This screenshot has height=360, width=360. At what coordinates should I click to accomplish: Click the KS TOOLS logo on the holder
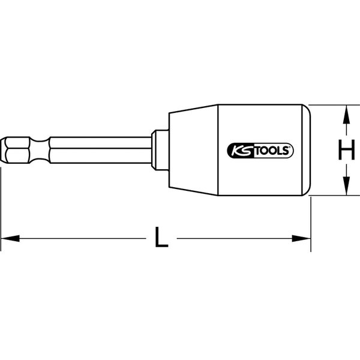pyautogui.click(x=260, y=151)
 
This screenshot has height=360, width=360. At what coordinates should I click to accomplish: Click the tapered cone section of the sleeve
pyautogui.click(x=192, y=151)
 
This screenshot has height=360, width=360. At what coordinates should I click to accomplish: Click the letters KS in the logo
pyautogui.click(x=238, y=151)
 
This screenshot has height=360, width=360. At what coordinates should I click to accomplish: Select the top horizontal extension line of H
pyautogui.click(x=333, y=106)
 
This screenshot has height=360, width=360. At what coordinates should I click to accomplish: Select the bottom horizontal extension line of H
pyautogui.click(x=333, y=196)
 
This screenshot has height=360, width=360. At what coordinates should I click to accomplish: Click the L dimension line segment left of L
pyautogui.click(x=78, y=239)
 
